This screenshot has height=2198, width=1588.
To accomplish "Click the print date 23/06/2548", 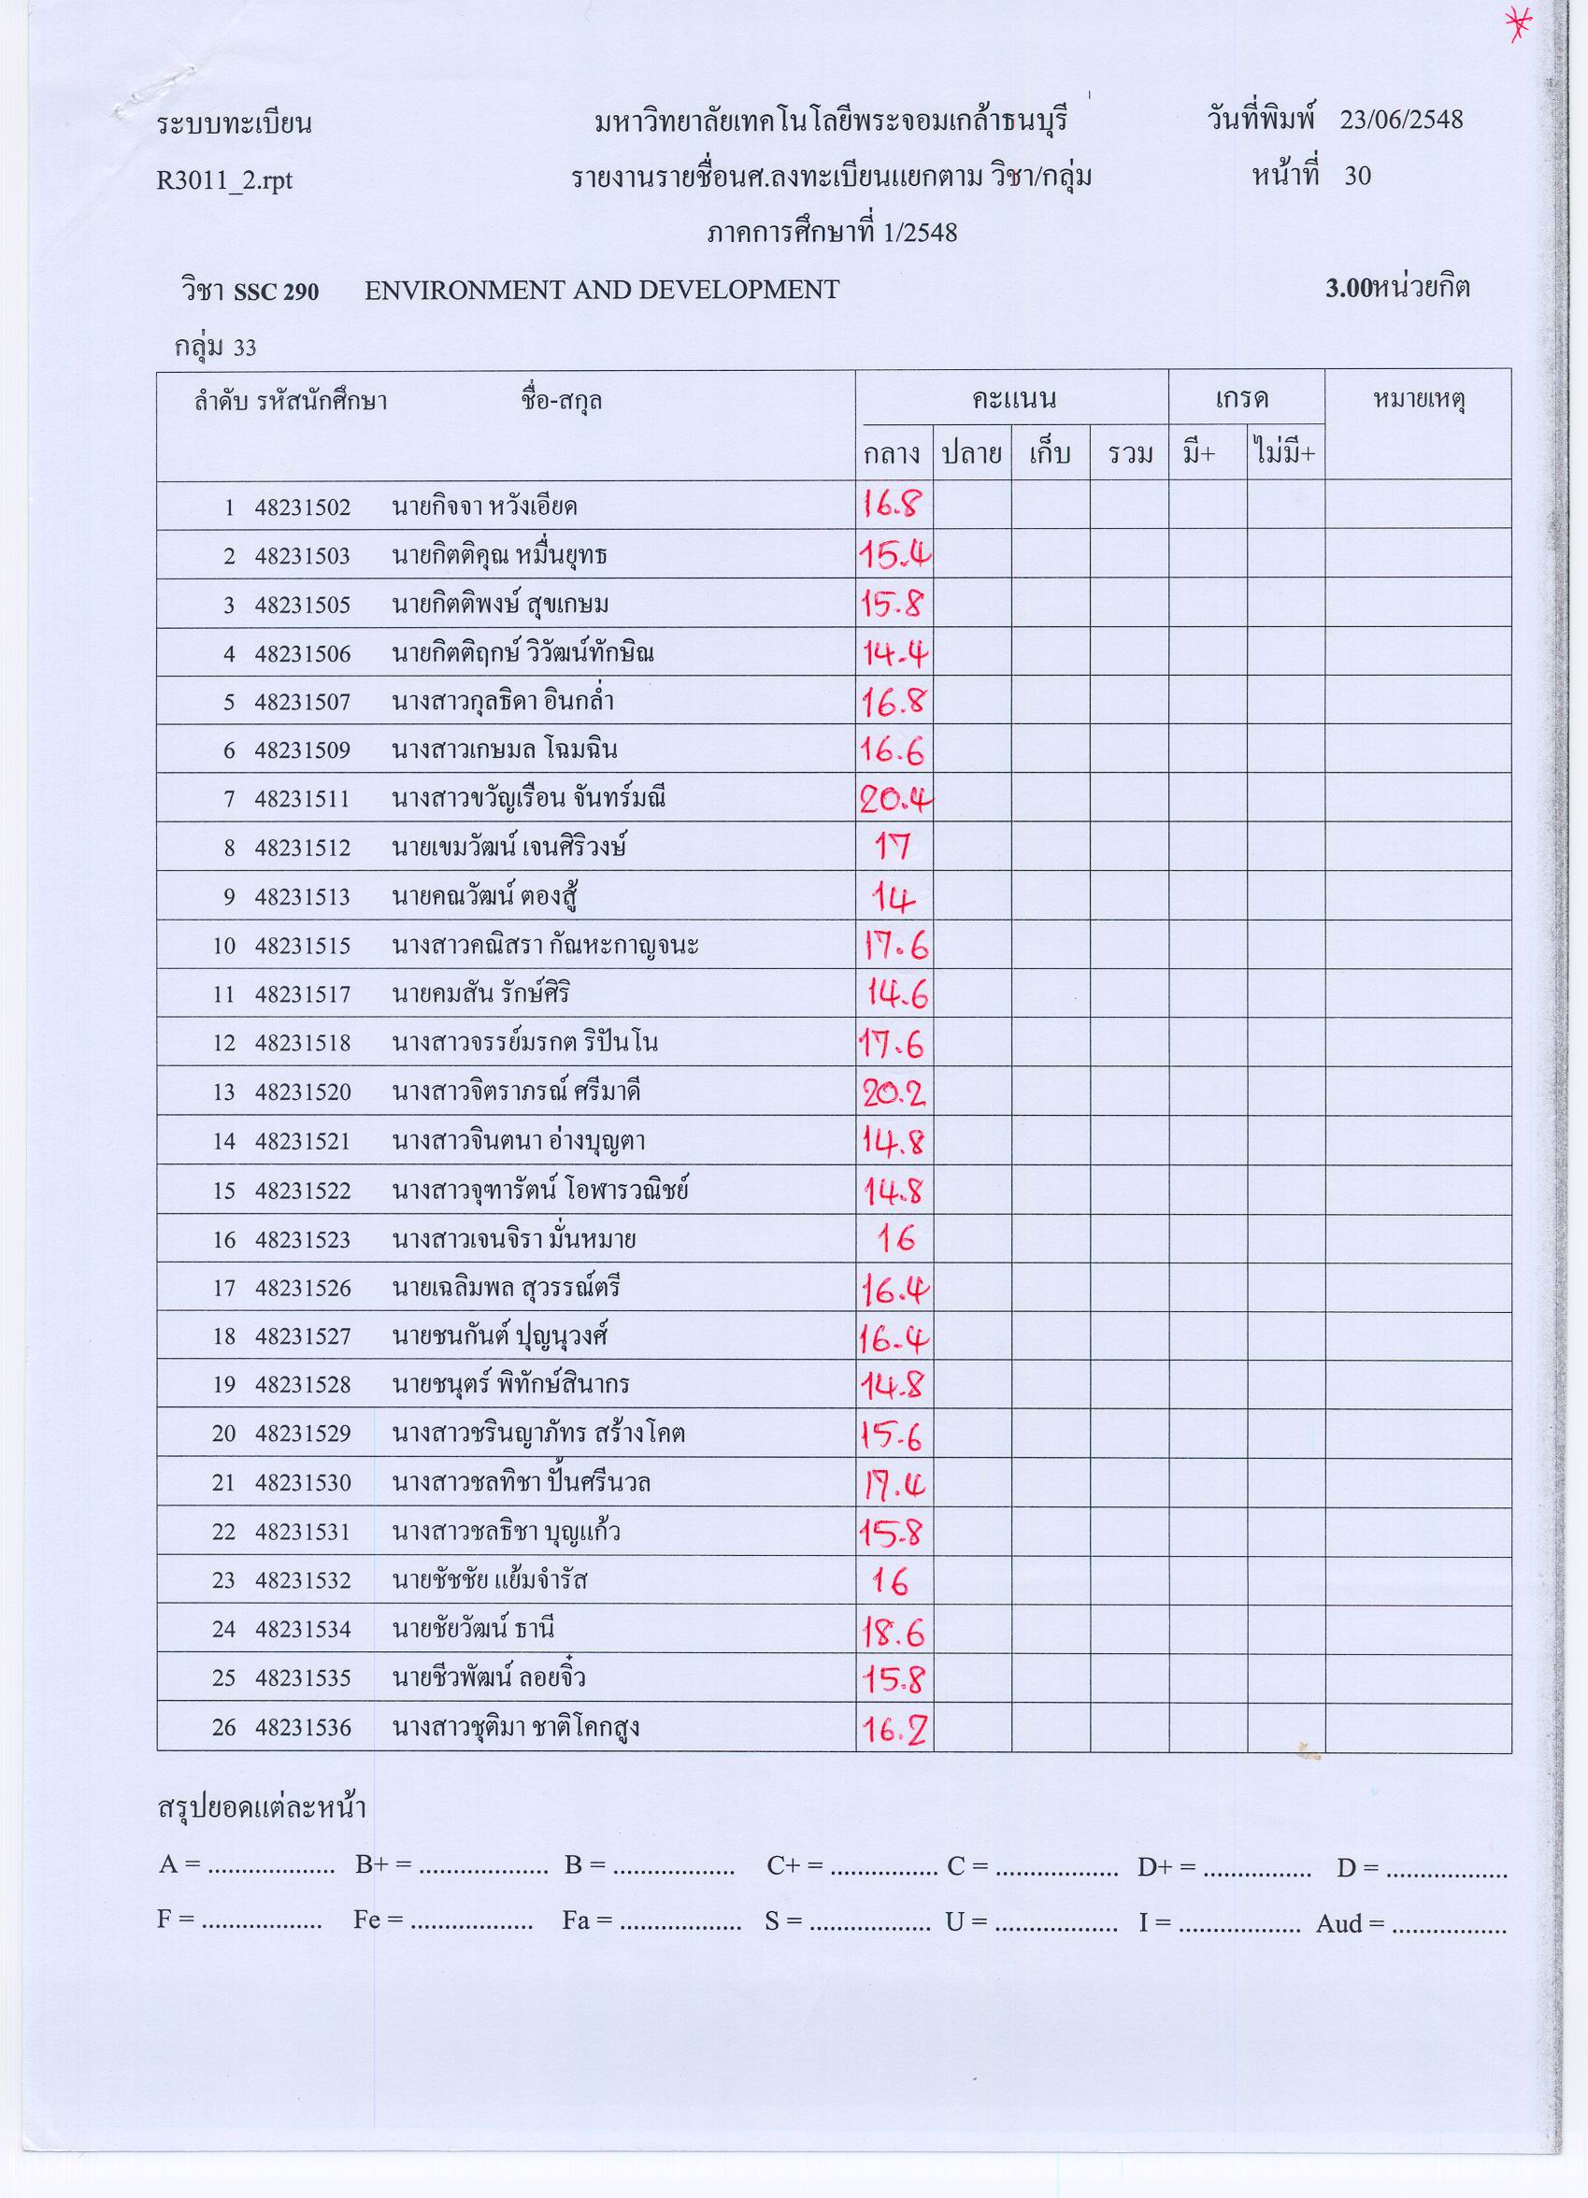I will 1401,120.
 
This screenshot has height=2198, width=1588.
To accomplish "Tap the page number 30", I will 1357,176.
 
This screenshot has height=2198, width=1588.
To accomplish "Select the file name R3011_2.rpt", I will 224,180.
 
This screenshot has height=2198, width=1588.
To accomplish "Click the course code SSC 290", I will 276,291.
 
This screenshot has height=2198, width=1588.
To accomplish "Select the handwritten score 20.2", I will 894,1093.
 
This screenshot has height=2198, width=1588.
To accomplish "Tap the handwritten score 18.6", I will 894,1634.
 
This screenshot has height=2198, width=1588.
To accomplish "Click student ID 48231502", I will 303,507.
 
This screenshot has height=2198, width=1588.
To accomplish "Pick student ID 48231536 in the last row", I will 303,1728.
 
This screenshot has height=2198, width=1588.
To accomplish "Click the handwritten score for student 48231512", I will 892,848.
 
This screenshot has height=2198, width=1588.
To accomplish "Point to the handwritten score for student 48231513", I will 892,899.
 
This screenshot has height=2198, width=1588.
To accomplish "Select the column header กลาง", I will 892,453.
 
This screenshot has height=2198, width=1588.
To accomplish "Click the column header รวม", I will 1128,453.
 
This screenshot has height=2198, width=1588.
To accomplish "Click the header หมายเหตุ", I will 1418,399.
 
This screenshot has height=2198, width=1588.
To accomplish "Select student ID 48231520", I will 303,1092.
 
